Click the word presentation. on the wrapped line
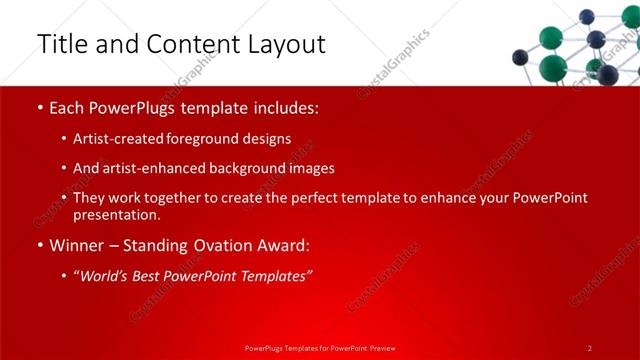(x=116, y=214)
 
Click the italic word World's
(x=105, y=275)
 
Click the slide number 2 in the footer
(x=590, y=348)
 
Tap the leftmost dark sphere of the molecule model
(x=520, y=57)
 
